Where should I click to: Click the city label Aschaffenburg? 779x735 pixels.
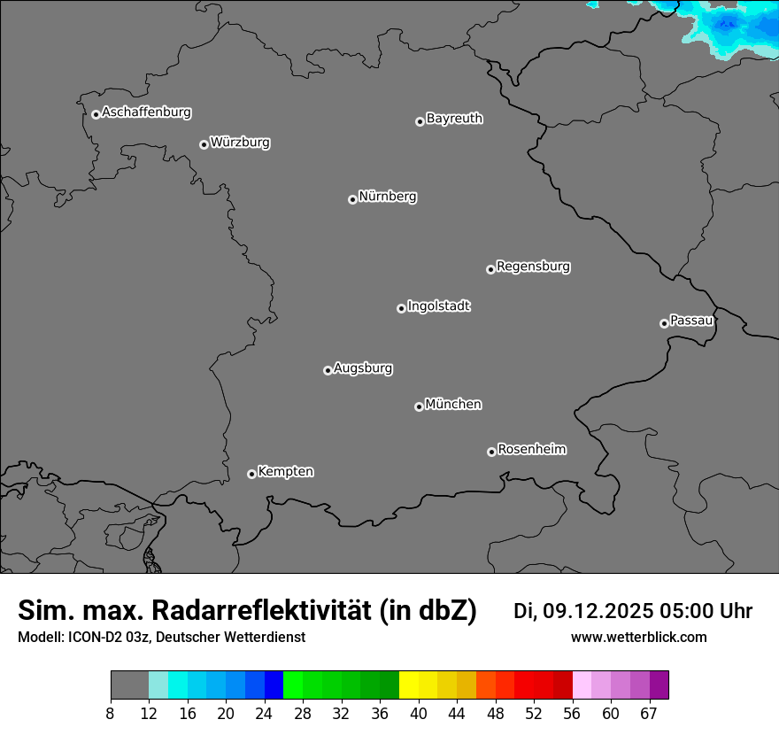pos(146,112)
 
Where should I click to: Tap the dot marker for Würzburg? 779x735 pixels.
pos(204,144)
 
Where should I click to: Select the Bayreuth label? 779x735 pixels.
pos(454,119)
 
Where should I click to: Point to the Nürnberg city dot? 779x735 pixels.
pos(352,199)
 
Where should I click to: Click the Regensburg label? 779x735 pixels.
pos(533,267)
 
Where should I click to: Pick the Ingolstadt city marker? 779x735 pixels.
pos(401,308)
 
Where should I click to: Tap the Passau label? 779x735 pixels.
pos(691,321)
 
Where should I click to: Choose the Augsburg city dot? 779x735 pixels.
pos(328,370)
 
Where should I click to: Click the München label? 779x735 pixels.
pos(453,405)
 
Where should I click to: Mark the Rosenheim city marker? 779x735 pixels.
pos(491,453)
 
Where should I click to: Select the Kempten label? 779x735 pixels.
pos(285,472)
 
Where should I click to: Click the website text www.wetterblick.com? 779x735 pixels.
pos(638,638)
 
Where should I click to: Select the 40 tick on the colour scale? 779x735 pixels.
pos(419,714)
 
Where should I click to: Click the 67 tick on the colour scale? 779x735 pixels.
pos(649,714)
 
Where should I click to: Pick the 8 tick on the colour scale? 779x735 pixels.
pos(111,714)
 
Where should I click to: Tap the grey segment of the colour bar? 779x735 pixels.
pos(129,685)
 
